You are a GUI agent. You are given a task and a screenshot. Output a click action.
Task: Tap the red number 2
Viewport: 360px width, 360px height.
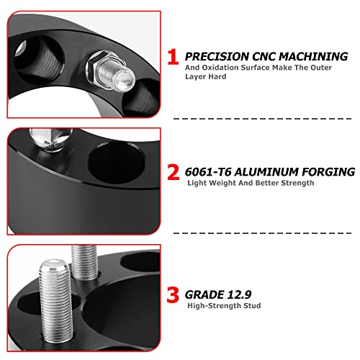[x=174, y=173]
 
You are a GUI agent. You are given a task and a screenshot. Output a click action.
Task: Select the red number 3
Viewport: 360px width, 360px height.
[x=174, y=296]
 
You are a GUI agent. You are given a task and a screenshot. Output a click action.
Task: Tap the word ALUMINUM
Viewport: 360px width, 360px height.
[x=269, y=172]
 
